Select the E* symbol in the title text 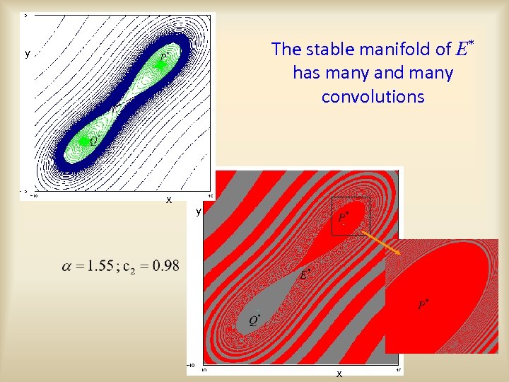coord(464,48)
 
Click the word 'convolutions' coord(373,97)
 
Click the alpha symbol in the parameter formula coord(66,266)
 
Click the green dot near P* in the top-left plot coord(160,64)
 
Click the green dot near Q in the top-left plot coord(83,141)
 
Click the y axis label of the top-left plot coord(28,54)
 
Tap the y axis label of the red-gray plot coord(199,211)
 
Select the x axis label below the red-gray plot coord(339,373)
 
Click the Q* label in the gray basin coord(254,320)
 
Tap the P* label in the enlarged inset coord(423,305)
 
